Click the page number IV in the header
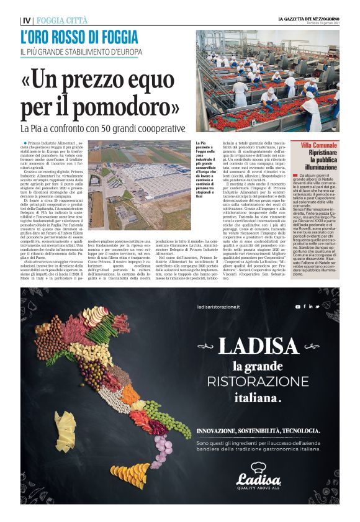point(26,20)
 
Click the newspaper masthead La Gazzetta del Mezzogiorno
point(308,19)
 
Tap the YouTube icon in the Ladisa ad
point(298,307)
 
